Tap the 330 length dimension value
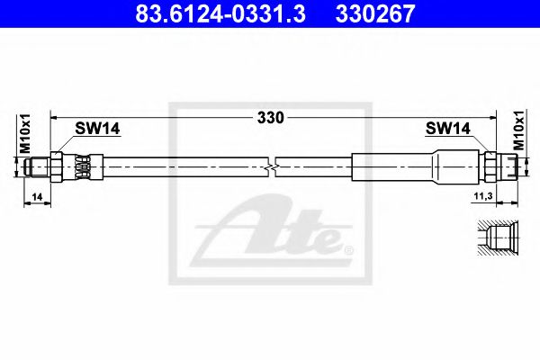pos(270,117)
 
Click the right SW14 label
pos(447,130)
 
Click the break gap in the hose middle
pos(274,166)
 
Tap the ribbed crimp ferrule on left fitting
pos(83,166)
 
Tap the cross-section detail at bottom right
pos(496,238)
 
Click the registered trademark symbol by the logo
pos(349,248)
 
